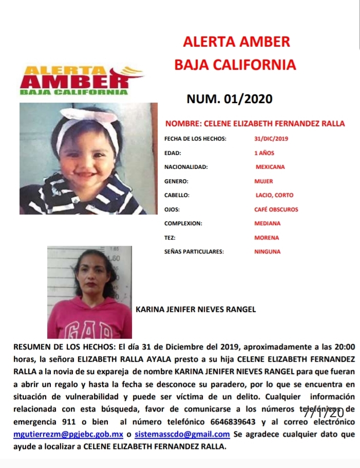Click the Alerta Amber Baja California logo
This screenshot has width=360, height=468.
[x=74, y=80]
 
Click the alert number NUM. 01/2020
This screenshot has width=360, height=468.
[x=229, y=99]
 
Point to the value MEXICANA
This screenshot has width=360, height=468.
[x=270, y=167]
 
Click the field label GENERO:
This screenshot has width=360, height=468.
[x=176, y=181]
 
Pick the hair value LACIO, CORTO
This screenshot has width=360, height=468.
[x=275, y=195]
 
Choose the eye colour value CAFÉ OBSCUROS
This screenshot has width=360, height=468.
[x=276, y=209]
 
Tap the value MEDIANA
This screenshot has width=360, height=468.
[x=268, y=223]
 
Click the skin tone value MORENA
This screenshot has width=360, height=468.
[x=267, y=238]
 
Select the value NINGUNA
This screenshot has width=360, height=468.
[x=267, y=252]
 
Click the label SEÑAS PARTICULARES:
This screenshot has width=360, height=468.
[x=194, y=252]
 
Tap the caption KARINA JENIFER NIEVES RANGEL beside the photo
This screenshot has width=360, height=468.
[x=196, y=309]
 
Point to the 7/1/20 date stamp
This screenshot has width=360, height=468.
[x=323, y=412]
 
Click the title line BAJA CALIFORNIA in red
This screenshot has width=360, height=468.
[x=235, y=65]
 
